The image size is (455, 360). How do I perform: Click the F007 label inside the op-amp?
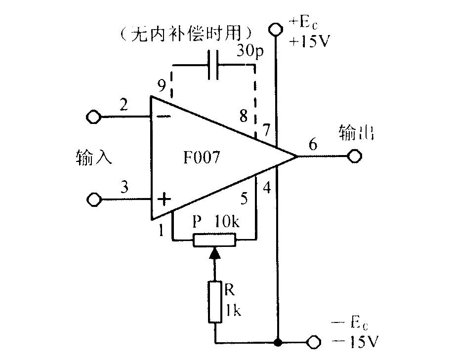click(x=202, y=157)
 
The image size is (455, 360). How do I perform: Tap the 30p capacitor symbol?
click(x=213, y=65)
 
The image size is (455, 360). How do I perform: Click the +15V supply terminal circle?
click(x=275, y=29)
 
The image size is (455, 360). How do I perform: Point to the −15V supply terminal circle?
click(x=314, y=342)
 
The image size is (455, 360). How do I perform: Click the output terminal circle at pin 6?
click(x=355, y=156)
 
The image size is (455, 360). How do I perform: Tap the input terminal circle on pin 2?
click(x=94, y=117)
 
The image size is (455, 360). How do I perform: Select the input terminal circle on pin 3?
click(x=94, y=200)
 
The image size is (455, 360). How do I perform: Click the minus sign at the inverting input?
click(x=164, y=117)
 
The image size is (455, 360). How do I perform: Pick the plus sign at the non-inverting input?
click(x=164, y=199)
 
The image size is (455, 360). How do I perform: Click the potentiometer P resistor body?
click(x=214, y=240)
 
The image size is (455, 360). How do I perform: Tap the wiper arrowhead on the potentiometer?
click(x=214, y=252)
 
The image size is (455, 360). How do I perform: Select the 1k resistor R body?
click(x=215, y=301)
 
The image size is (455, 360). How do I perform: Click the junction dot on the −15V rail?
click(x=278, y=343)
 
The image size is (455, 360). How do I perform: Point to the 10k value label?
click(x=227, y=222)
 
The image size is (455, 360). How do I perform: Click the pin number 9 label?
click(x=162, y=85)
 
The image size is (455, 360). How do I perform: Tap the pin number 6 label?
click(x=313, y=144)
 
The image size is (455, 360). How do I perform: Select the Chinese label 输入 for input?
click(x=93, y=158)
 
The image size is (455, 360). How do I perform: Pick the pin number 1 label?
click(x=161, y=231)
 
